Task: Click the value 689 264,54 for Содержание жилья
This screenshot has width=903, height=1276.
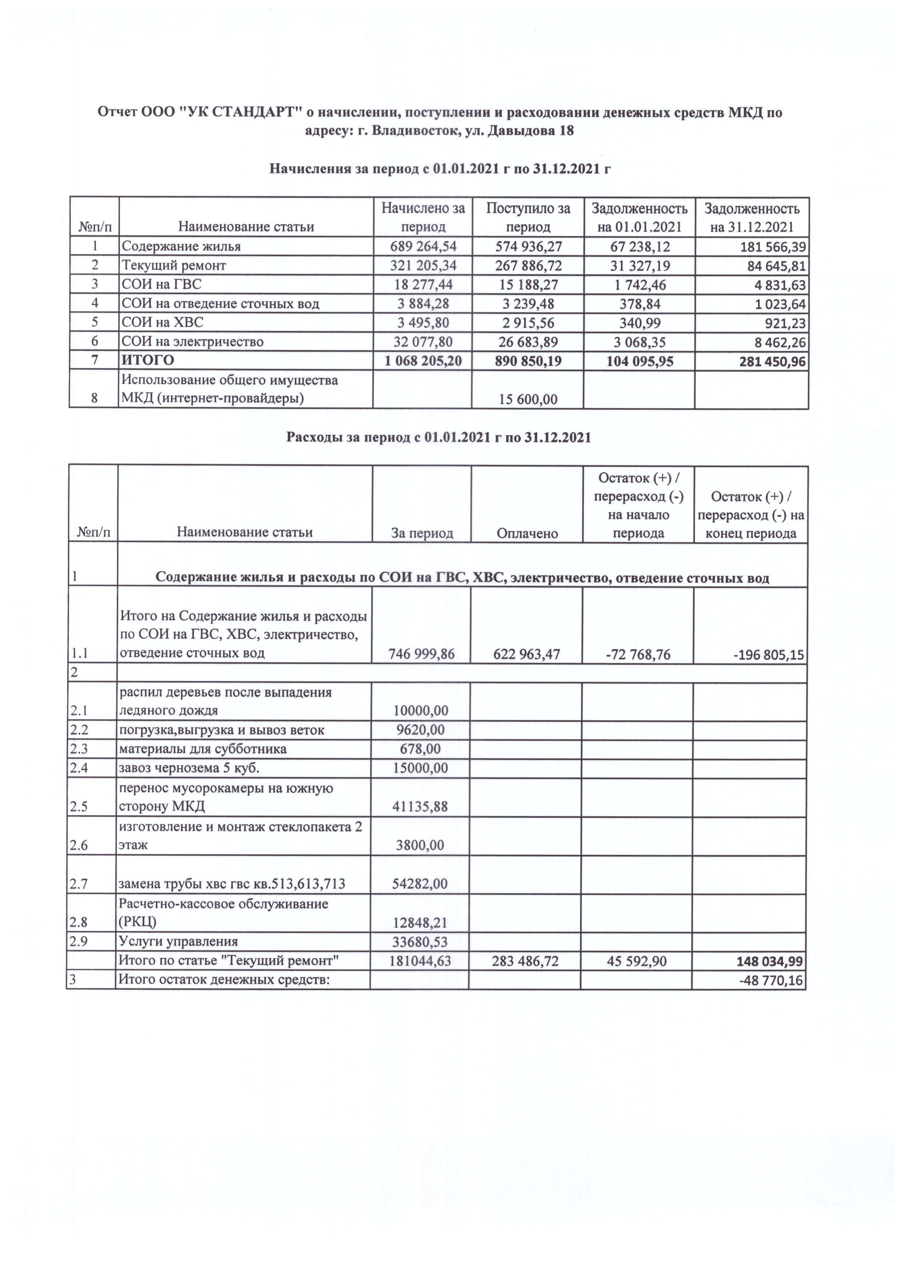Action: (423, 247)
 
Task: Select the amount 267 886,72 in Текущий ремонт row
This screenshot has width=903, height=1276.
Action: (528, 266)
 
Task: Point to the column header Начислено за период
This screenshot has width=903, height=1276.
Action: (423, 217)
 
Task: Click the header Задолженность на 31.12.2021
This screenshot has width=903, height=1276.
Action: (752, 217)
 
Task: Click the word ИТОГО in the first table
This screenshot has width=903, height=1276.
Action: (148, 360)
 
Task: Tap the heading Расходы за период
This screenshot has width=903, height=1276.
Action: (438, 437)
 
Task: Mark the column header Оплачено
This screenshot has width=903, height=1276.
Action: (527, 533)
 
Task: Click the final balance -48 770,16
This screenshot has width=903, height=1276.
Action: (771, 980)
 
